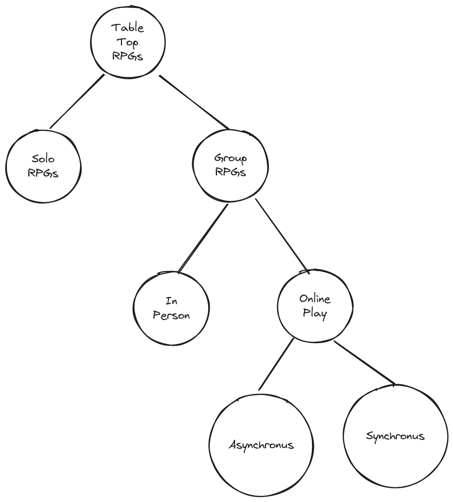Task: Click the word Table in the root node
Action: click(x=127, y=27)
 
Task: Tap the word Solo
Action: click(x=43, y=159)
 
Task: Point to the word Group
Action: click(x=231, y=158)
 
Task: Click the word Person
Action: click(x=171, y=315)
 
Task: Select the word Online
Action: click(x=315, y=299)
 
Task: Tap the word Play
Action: click(x=315, y=313)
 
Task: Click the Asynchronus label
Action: click(x=262, y=445)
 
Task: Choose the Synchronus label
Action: click(x=395, y=436)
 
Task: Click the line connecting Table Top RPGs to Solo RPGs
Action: click(x=76, y=101)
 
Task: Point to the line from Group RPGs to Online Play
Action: click(x=281, y=234)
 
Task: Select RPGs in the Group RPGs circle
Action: click(x=231, y=172)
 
